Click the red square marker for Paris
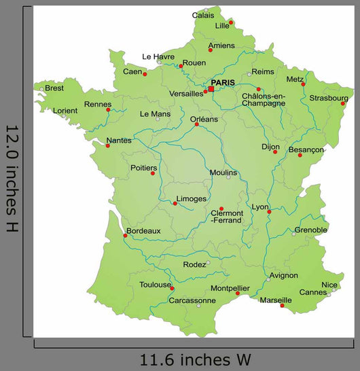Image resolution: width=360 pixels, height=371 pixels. pyautogui.click(x=211, y=89)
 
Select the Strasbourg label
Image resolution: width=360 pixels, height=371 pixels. pyautogui.click(x=329, y=97)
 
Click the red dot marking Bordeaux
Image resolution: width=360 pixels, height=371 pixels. pyautogui.click(x=124, y=236)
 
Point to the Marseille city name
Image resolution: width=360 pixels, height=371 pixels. pyautogui.click(x=276, y=300)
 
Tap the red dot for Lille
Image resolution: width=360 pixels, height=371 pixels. pyautogui.click(x=231, y=22)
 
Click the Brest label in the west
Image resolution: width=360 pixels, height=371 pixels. pyautogui.click(x=54, y=88)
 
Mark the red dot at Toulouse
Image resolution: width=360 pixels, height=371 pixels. pyautogui.click(x=172, y=289)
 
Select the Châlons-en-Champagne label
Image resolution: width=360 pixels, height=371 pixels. pyautogui.click(x=264, y=100)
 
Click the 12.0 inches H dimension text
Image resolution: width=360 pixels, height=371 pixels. pyautogui.click(x=12, y=178)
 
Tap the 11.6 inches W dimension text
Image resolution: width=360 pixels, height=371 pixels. pyautogui.click(x=196, y=358)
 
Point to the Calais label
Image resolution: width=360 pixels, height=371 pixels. pyautogui.click(x=203, y=15)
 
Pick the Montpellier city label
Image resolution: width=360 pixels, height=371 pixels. pyautogui.click(x=230, y=287)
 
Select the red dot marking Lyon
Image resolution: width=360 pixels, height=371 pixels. pyautogui.click(x=269, y=212)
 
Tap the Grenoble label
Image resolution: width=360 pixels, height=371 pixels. pyautogui.click(x=310, y=230)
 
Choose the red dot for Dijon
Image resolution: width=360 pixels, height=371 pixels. pyautogui.click(x=275, y=152)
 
